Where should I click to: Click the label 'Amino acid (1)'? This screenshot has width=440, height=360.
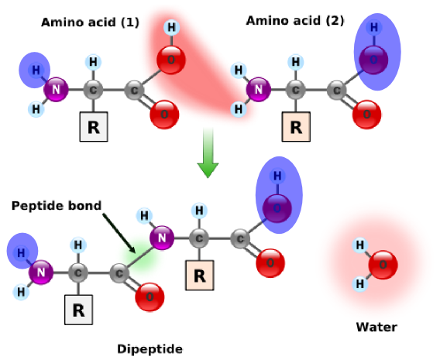tap(90, 22)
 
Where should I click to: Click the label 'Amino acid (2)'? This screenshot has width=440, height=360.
tap(295, 21)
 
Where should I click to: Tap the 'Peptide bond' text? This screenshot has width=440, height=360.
tap(57, 206)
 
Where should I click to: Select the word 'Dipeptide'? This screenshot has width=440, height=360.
tap(150, 349)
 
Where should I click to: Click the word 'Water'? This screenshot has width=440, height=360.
tap(376, 327)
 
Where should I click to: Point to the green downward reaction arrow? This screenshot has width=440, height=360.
tap(208, 153)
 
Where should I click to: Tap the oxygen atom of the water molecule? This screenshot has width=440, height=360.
tap(383, 265)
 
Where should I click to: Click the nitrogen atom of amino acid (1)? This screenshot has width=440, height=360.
tap(56, 90)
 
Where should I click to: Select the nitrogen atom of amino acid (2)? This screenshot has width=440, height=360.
tap(259, 90)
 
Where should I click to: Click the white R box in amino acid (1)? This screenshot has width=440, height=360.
tap(94, 127)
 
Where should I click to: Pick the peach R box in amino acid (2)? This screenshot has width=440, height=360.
tap(296, 127)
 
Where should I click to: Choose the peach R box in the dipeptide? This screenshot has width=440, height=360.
tap(200, 276)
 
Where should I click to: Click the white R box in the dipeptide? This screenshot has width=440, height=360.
tap(78, 310)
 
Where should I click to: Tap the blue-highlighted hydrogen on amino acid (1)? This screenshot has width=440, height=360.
tap(36, 70)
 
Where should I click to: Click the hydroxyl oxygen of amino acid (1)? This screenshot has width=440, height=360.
tap(171, 60)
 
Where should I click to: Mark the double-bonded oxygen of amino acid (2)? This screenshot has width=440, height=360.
tap(366, 115)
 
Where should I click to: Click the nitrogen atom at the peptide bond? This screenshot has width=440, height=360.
tap(162, 238)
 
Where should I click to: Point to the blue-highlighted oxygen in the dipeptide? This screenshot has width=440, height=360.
tap(277, 208)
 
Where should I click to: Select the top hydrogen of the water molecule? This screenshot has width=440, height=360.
tap(360, 245)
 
